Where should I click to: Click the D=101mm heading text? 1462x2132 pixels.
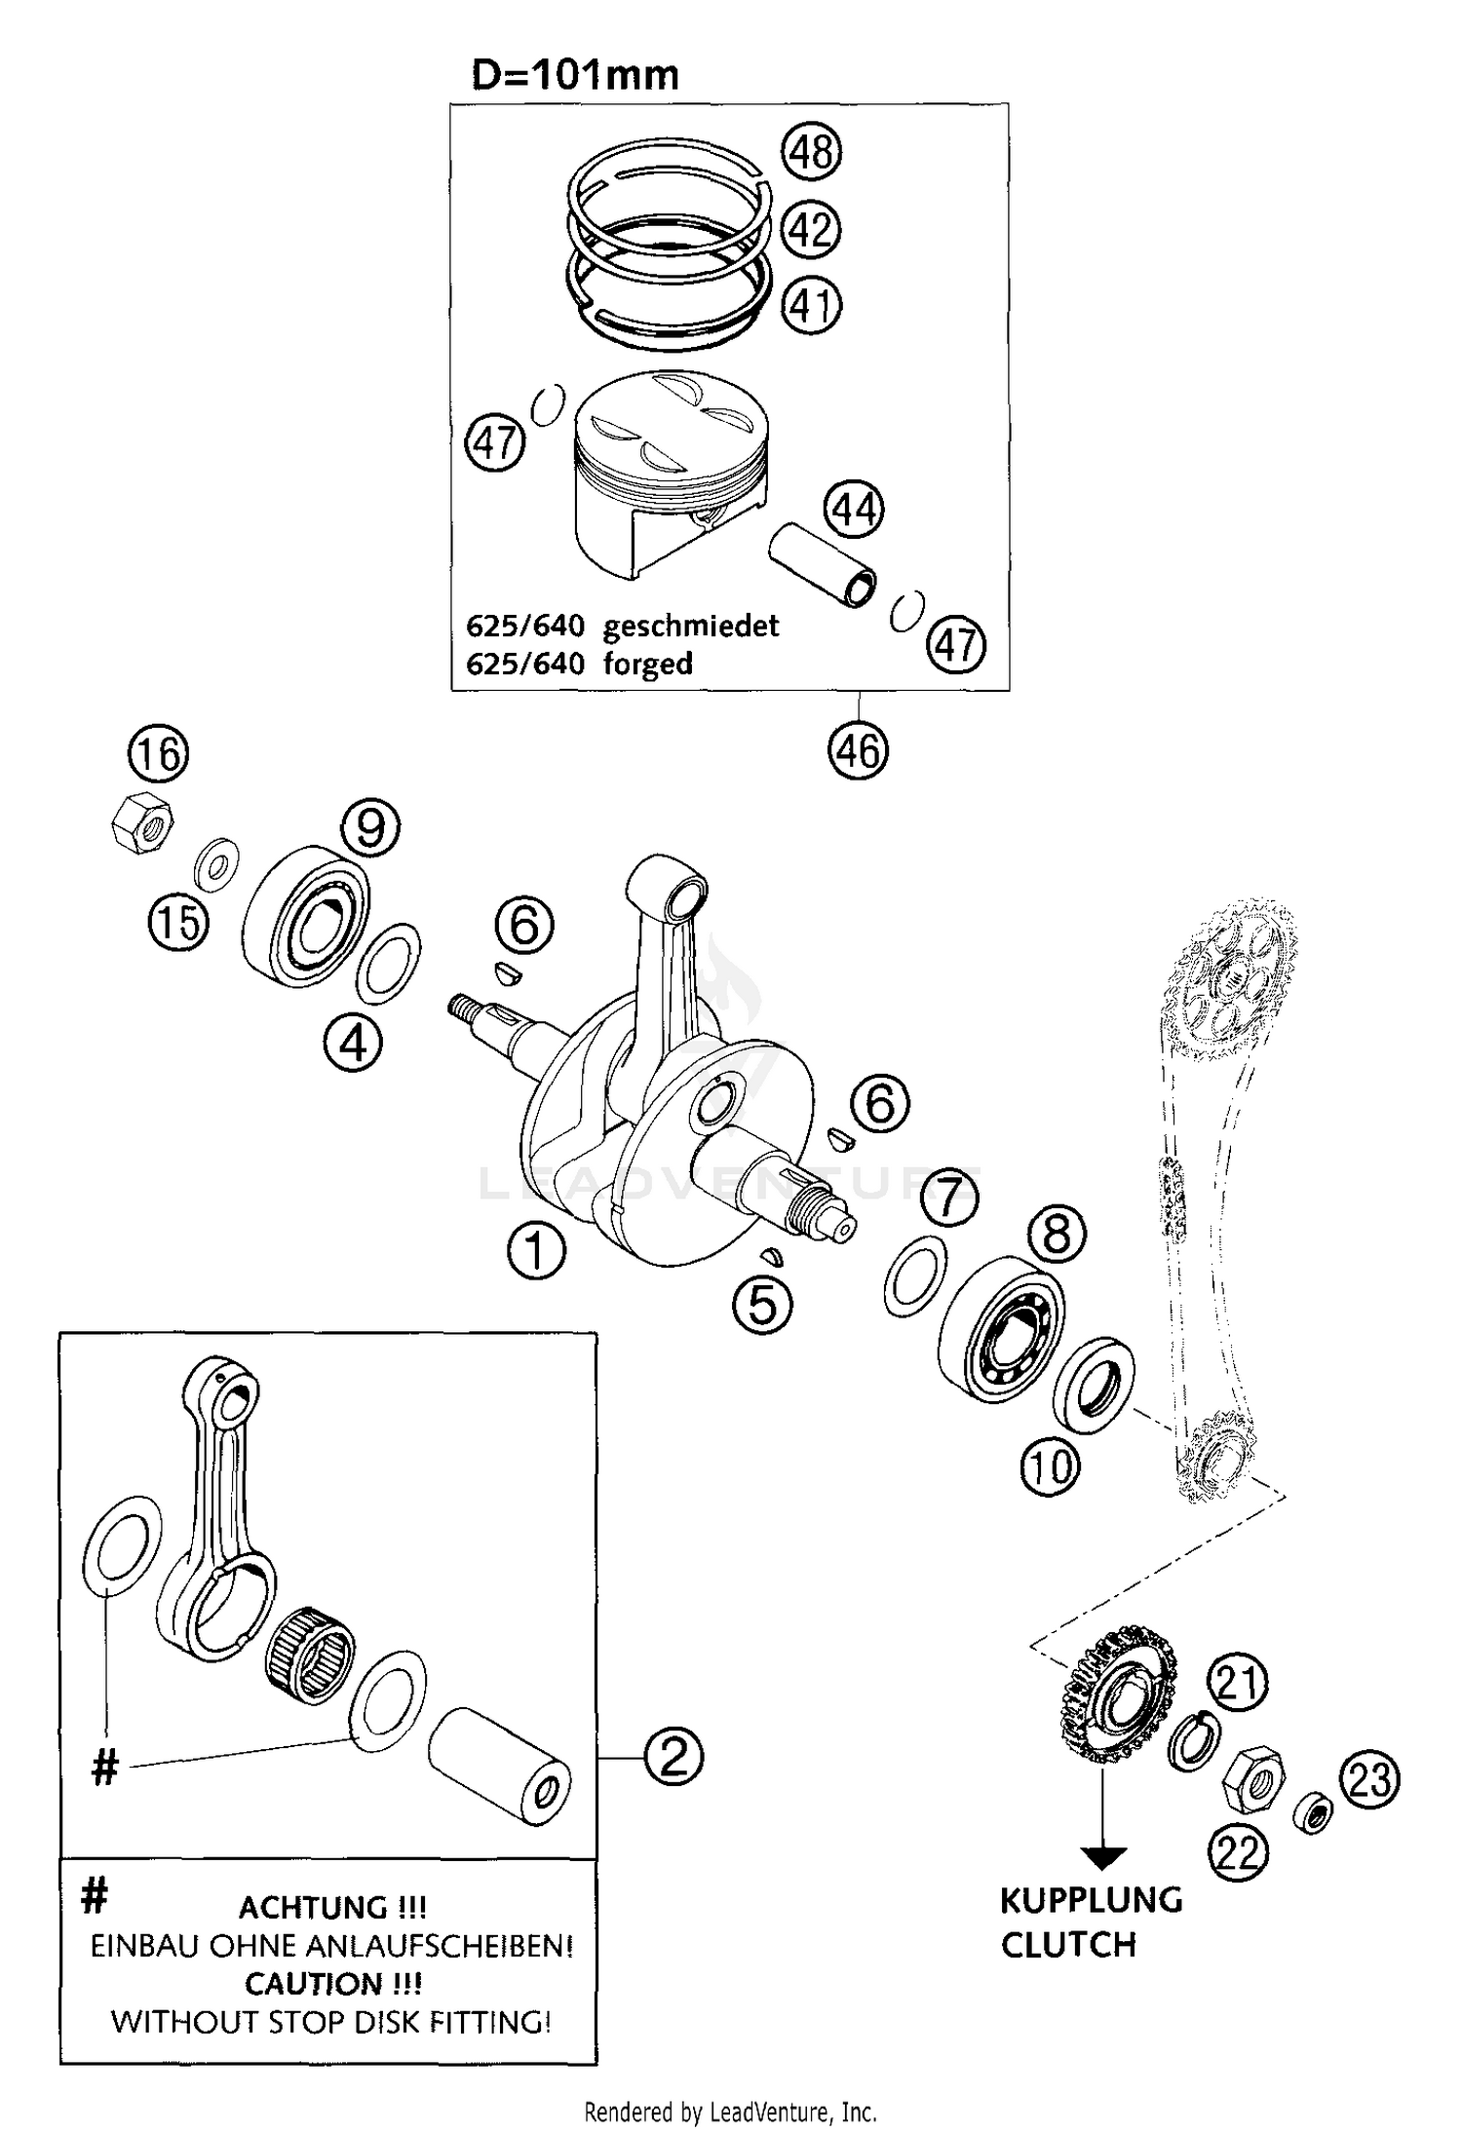(574, 75)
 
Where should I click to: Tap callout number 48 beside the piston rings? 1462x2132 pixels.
(811, 153)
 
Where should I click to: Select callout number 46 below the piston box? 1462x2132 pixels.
(858, 750)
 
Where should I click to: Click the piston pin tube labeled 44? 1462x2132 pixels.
(823, 564)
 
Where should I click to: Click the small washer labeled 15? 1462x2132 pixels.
(214, 860)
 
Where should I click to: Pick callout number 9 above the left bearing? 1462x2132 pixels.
(370, 828)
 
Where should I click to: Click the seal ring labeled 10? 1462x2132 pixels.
(1094, 1388)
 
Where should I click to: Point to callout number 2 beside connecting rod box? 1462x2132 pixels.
(673, 1757)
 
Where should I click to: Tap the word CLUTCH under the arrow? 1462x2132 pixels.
(1068, 1944)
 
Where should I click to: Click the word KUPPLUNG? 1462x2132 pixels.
(1091, 1899)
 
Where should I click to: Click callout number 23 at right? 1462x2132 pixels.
(1369, 1779)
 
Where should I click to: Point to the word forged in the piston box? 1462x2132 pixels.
(647, 664)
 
